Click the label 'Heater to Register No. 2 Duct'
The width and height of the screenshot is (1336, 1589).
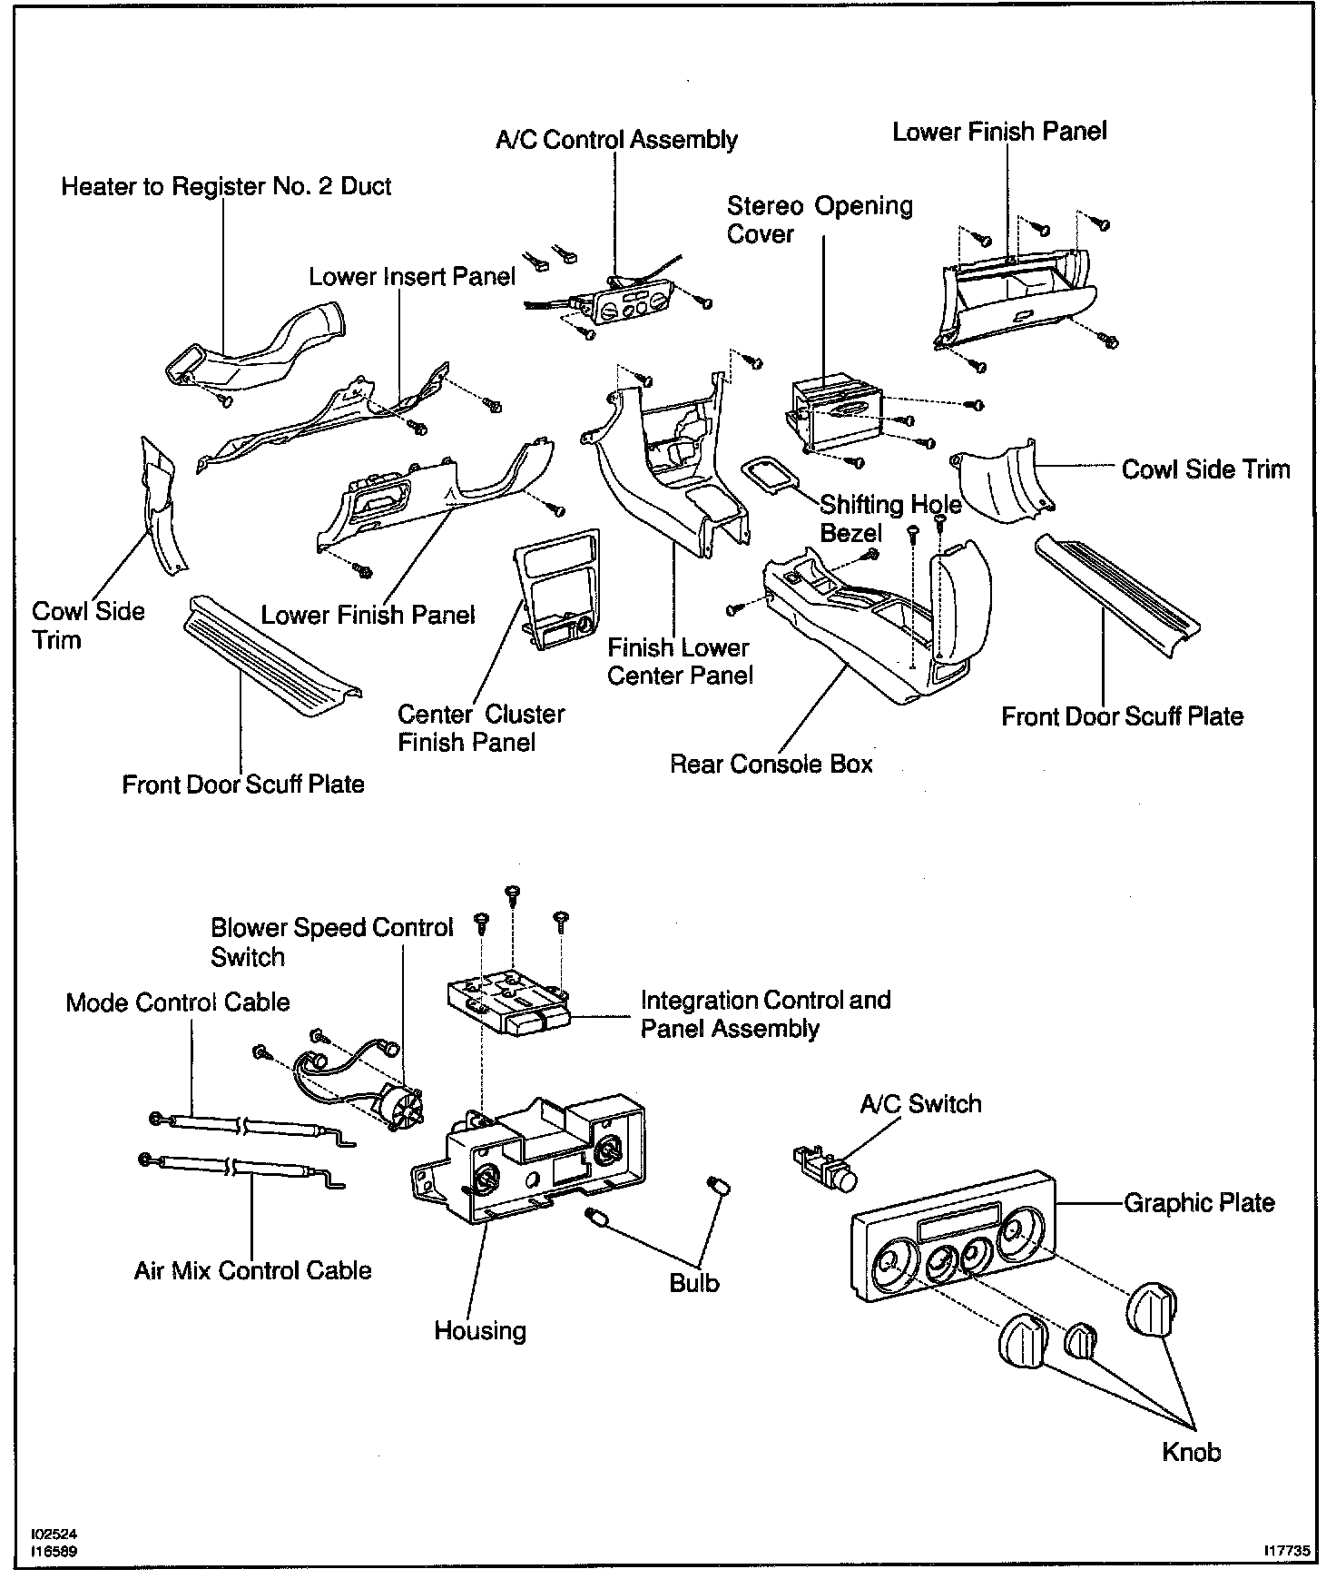pyautogui.click(x=226, y=187)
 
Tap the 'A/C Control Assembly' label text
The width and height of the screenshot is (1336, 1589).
pyautogui.click(x=616, y=140)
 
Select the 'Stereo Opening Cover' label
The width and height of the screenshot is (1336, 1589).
pyautogui.click(x=820, y=220)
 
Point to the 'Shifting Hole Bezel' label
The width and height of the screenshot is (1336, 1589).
pyautogui.click(x=889, y=518)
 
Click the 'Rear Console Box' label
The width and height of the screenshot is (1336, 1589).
pyautogui.click(x=771, y=765)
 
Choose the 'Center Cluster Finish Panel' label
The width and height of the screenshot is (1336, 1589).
pyautogui.click(x=481, y=728)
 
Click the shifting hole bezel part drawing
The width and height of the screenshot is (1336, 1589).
pyautogui.click(x=770, y=476)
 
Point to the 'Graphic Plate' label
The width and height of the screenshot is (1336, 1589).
pyautogui.click(x=1199, y=1204)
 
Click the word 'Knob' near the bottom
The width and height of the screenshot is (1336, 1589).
pyautogui.click(x=1191, y=1453)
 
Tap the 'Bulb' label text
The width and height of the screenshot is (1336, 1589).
pyautogui.click(x=693, y=1284)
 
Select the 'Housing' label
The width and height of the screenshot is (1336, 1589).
pyautogui.click(x=480, y=1331)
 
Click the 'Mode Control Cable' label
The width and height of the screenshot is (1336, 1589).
pyautogui.click(x=178, y=1003)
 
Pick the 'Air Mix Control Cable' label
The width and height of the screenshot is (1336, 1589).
pyautogui.click(x=252, y=1270)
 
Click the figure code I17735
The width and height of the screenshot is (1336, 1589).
pyautogui.click(x=1286, y=1552)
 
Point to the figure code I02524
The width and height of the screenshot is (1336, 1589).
pyautogui.click(x=54, y=1534)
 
